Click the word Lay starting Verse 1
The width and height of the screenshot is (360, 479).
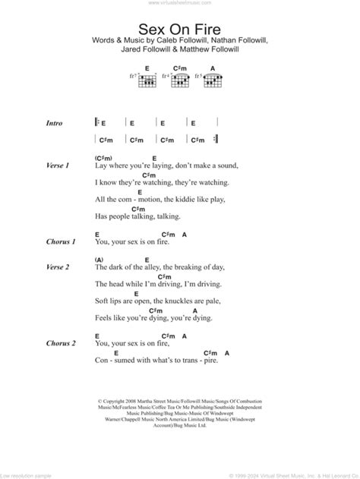[x=103, y=165]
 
